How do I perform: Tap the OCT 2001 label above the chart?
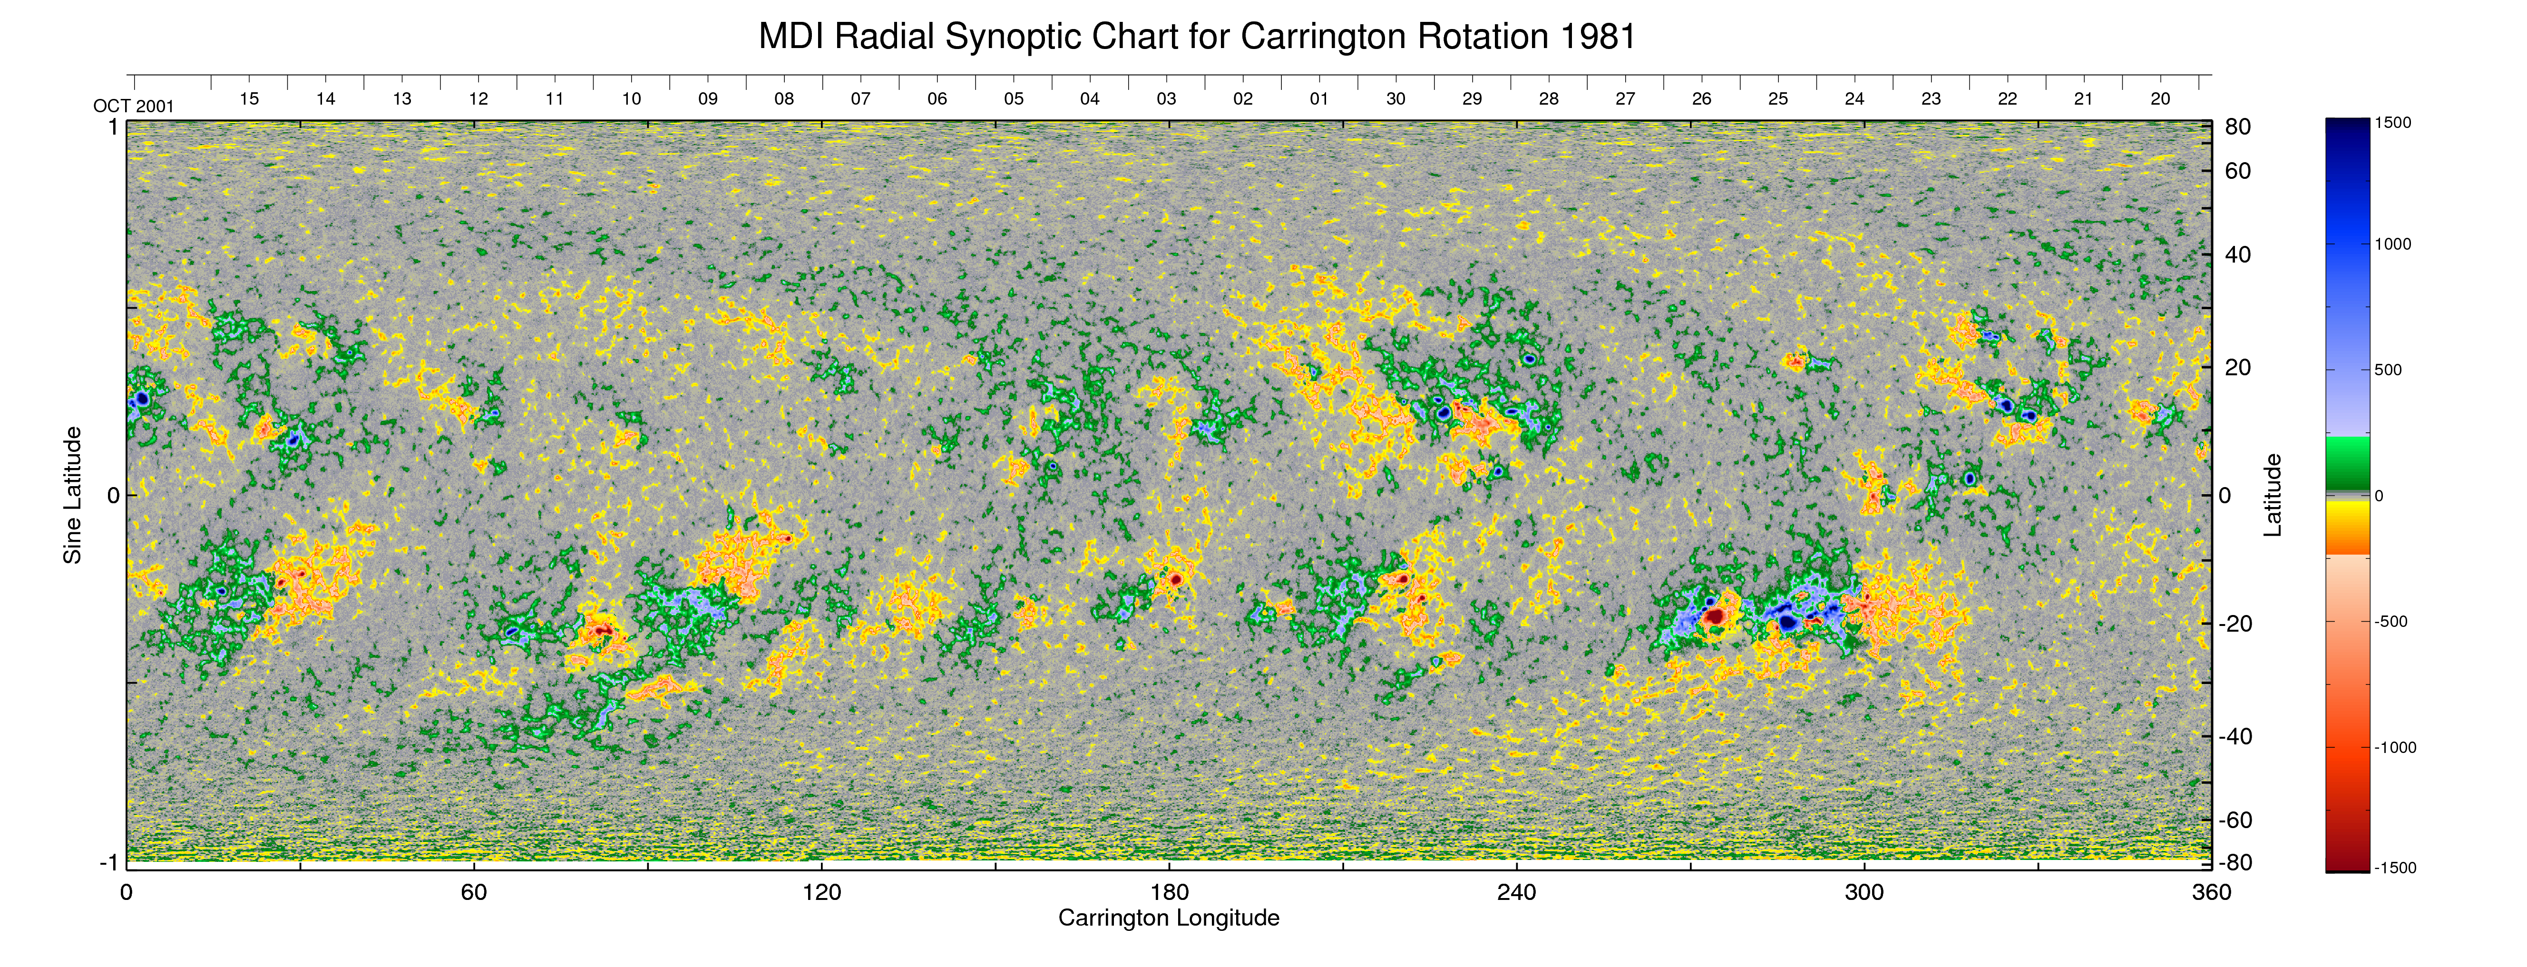pyautogui.click(x=133, y=106)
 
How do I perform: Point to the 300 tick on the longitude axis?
pyautogui.click(x=1864, y=892)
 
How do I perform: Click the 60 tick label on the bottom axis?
pyautogui.click(x=474, y=892)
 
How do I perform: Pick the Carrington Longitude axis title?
pyautogui.click(x=1168, y=918)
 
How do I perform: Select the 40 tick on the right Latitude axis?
pyautogui.click(x=2238, y=255)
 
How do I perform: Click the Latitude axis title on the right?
pyautogui.click(x=2272, y=495)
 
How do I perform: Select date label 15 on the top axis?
pyautogui.click(x=249, y=99)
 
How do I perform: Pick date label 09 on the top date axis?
pyautogui.click(x=707, y=99)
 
